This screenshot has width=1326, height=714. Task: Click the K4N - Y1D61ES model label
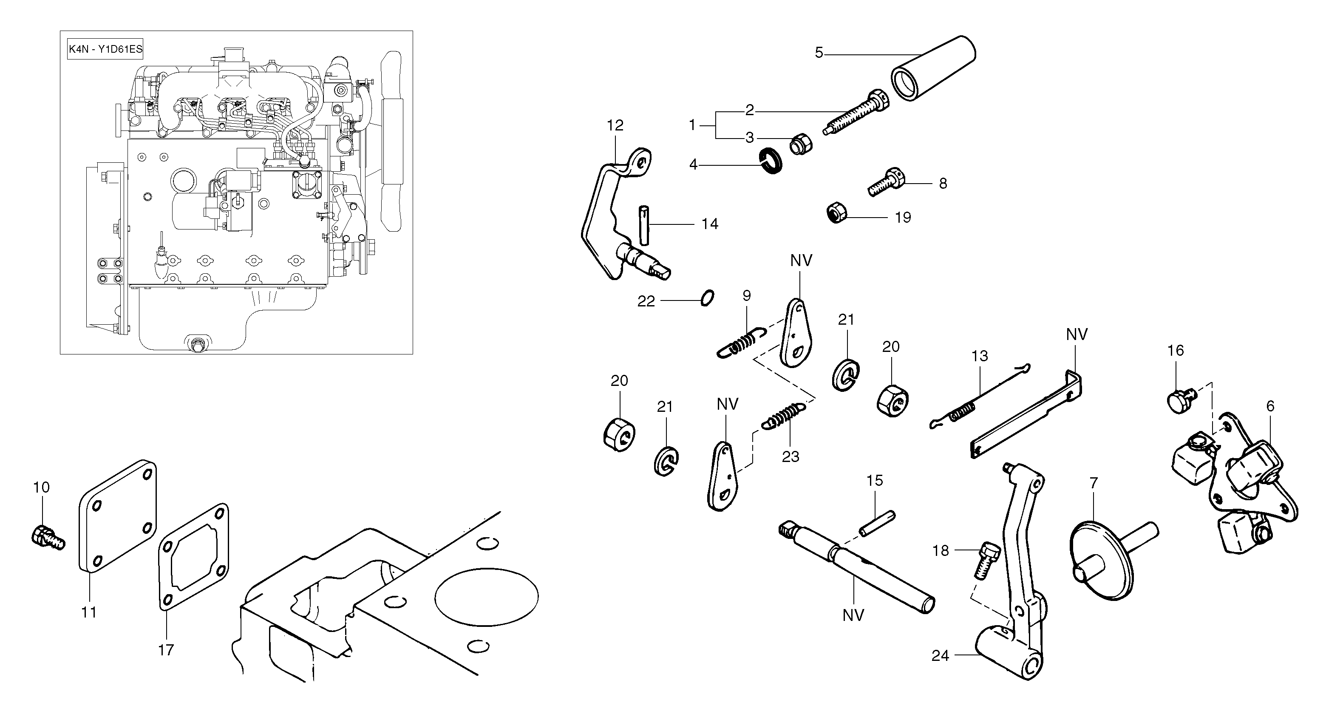coord(105,50)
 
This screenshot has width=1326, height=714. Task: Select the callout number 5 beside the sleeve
coord(819,53)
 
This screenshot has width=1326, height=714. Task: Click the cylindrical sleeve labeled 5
coord(933,69)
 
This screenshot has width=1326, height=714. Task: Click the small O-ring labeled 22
coord(707,298)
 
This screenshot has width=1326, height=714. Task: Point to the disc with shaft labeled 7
coord(1102,561)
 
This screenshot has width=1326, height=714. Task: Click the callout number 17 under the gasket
coord(166,650)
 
